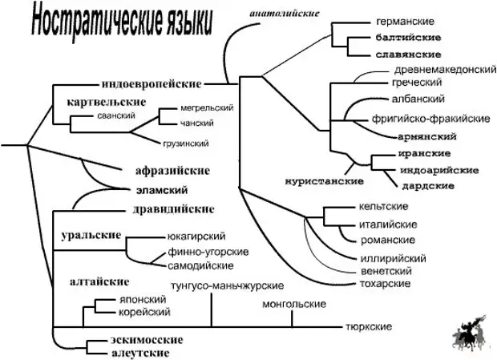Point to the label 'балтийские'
(407, 37)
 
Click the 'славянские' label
(408, 55)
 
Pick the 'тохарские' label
(382, 283)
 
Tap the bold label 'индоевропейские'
(152, 83)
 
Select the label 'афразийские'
(172, 170)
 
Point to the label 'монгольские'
(293, 305)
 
